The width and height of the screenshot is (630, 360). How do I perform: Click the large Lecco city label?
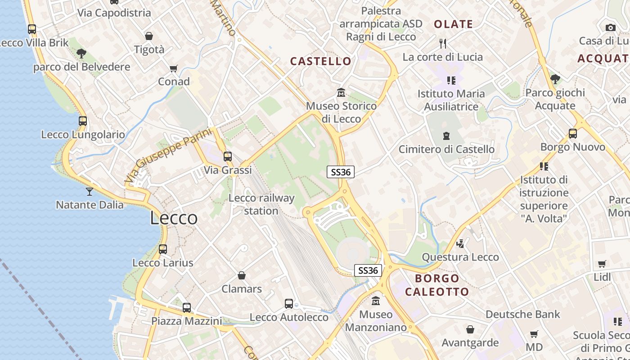tap(174, 218)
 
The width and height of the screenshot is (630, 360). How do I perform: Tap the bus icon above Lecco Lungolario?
tap(83, 121)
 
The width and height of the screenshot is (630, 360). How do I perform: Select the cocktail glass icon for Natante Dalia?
tap(90, 192)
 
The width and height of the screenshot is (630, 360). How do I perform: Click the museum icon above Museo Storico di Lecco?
tap(341, 93)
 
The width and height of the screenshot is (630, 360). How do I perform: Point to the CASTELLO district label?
tap(320, 61)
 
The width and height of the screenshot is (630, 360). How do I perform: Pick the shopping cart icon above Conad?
tap(174, 69)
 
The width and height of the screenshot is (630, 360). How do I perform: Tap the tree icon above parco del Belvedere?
tap(81, 54)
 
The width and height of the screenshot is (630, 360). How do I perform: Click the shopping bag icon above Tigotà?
tap(149, 36)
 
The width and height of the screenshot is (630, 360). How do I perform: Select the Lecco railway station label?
tap(261, 204)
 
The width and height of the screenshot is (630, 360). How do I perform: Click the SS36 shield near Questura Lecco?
tap(369, 270)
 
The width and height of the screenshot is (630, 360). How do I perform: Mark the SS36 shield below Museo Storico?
tap(341, 171)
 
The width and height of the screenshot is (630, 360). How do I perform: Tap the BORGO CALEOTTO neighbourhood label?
tap(437, 285)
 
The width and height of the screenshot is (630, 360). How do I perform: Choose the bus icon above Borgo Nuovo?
tap(572, 134)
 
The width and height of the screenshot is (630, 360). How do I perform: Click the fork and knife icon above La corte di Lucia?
tap(443, 44)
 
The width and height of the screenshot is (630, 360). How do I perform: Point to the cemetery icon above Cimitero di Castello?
tap(446, 136)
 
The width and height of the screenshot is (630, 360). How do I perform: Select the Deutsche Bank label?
tap(522, 314)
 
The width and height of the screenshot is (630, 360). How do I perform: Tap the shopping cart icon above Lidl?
tap(602, 264)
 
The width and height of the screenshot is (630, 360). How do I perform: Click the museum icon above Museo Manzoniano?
tap(376, 301)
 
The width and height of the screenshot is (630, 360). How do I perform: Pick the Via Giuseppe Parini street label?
tap(168, 155)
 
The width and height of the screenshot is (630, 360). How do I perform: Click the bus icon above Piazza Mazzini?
tap(187, 308)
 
